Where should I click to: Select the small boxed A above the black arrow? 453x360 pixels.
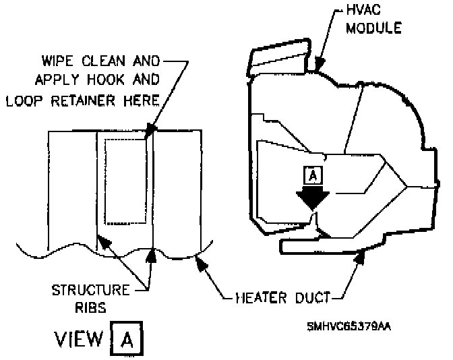tap(312, 176)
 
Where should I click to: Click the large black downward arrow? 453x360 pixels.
tap(312, 197)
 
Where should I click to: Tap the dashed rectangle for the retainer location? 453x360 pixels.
tap(125, 181)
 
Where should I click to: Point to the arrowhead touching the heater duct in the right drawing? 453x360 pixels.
tap(363, 253)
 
